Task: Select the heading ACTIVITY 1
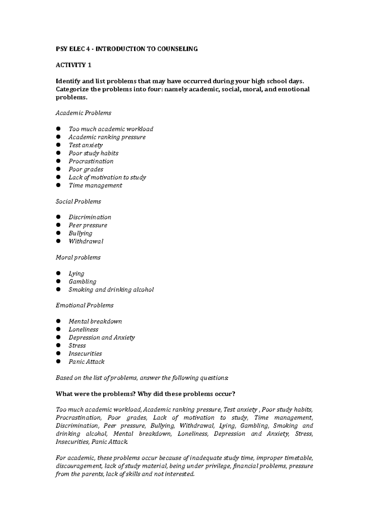(x=73, y=65)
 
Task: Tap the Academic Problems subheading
(x=83, y=113)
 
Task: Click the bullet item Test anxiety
(x=85, y=145)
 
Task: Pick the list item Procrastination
(x=91, y=161)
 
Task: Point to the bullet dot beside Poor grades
(x=58, y=169)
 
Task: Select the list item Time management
(x=95, y=185)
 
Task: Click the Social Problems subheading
(x=78, y=201)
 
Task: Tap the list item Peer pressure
(x=88, y=225)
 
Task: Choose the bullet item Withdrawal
(x=86, y=241)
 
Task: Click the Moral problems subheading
(x=78, y=257)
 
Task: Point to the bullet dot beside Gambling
(x=58, y=281)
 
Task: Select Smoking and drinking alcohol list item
(x=111, y=290)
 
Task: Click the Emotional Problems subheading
(x=85, y=305)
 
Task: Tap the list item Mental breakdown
(x=95, y=322)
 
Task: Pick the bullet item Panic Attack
(x=86, y=362)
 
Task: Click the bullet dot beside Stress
(x=58, y=346)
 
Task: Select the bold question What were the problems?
(x=96, y=394)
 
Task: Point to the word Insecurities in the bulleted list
(x=85, y=354)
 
